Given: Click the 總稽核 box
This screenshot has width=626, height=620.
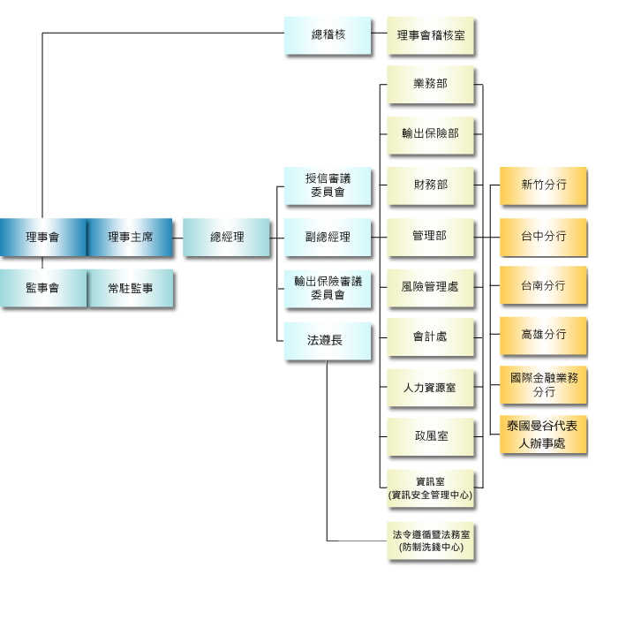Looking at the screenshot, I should coord(328,35).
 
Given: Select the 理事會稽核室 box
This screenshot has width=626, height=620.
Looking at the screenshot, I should coord(430,36).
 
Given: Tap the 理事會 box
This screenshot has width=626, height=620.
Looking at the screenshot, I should coord(42,237).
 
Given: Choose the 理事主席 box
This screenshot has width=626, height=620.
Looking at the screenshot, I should coord(130,237).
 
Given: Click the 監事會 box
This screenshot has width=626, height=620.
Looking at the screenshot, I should coord(42,288).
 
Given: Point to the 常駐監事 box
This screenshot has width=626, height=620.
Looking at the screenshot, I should coord(130,288).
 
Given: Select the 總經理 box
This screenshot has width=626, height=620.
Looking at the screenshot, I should coord(227,237).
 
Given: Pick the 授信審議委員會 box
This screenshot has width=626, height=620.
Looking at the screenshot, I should coord(328,185).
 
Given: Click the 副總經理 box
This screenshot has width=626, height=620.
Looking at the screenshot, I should coord(328,237).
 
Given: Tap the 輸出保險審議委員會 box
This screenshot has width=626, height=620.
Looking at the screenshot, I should coord(328,288).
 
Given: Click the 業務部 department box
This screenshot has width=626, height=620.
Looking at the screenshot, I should coord(430,84).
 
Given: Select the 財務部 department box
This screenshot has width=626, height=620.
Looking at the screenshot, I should coord(430,185).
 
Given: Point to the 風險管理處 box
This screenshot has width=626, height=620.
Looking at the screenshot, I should coord(430,287).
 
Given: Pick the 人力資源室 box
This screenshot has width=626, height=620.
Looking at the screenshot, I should coord(430,388).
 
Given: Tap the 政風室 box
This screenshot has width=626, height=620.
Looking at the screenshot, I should coord(430,436).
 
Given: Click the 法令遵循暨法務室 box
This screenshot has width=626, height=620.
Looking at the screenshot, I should coord(431,541).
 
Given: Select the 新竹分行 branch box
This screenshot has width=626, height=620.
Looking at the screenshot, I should coord(543,185).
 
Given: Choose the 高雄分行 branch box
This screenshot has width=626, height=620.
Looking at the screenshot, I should coord(543,336).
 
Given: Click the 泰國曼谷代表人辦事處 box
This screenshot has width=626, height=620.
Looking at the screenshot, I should coord(543,435).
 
